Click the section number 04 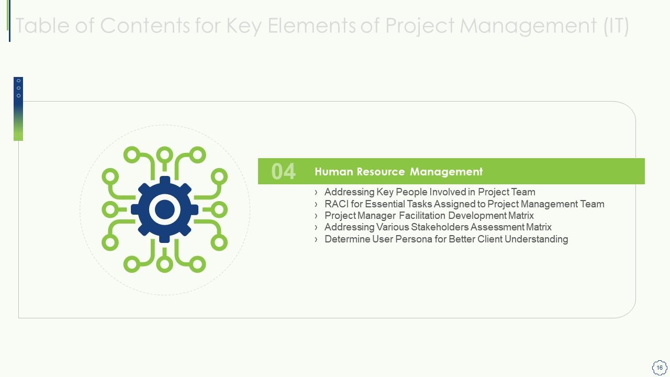tap(283, 172)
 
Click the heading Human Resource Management tap(398, 172)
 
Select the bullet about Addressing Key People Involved tap(429, 192)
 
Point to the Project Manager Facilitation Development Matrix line tap(429, 216)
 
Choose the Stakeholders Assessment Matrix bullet tap(438, 227)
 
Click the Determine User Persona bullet tap(446, 239)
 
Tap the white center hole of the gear tap(165, 209)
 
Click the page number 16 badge tap(660, 367)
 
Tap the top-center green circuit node tap(165, 154)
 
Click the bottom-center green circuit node tap(165, 265)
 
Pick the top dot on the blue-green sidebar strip tap(18, 81)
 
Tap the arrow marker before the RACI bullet tap(316, 204)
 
